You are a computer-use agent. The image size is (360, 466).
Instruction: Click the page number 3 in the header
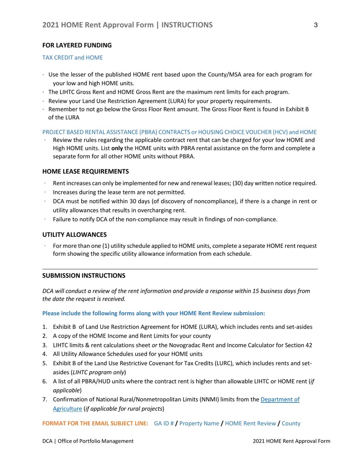pyautogui.click(x=316, y=25)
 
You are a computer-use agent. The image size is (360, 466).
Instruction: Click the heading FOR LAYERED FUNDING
pyautogui.click(x=77, y=45)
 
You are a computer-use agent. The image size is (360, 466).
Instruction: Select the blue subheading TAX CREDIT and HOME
pyautogui.click(x=72, y=58)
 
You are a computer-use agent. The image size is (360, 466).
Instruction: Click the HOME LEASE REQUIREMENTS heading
pyautogui.click(x=85, y=172)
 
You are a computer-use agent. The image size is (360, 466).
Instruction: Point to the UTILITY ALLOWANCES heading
pyautogui.click(x=74, y=235)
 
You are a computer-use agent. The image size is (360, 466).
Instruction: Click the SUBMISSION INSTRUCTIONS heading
pyautogui.click(x=83, y=276)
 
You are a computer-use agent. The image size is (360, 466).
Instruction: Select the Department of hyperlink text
pyautogui.click(x=280, y=399)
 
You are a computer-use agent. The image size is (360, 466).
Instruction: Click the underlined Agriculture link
pyautogui.click(x=67, y=408)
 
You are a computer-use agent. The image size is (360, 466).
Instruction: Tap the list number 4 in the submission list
pyautogui.click(x=44, y=354)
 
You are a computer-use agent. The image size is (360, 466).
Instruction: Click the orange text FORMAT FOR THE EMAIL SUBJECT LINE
pyautogui.click(x=95, y=424)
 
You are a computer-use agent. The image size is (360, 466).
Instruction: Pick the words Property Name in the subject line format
pyautogui.click(x=199, y=424)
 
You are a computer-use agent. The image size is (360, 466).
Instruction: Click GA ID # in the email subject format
pyautogui.click(x=164, y=424)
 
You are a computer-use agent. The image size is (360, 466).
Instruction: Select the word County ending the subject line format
pyautogui.click(x=291, y=424)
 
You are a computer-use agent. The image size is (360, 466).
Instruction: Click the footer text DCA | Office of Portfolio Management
pyautogui.click(x=88, y=441)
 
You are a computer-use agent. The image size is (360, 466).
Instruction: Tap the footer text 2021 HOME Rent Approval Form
pyautogui.click(x=291, y=441)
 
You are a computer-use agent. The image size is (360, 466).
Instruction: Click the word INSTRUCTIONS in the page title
pyautogui.click(x=187, y=25)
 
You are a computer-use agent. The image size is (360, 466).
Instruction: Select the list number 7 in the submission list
pyautogui.click(x=44, y=399)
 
